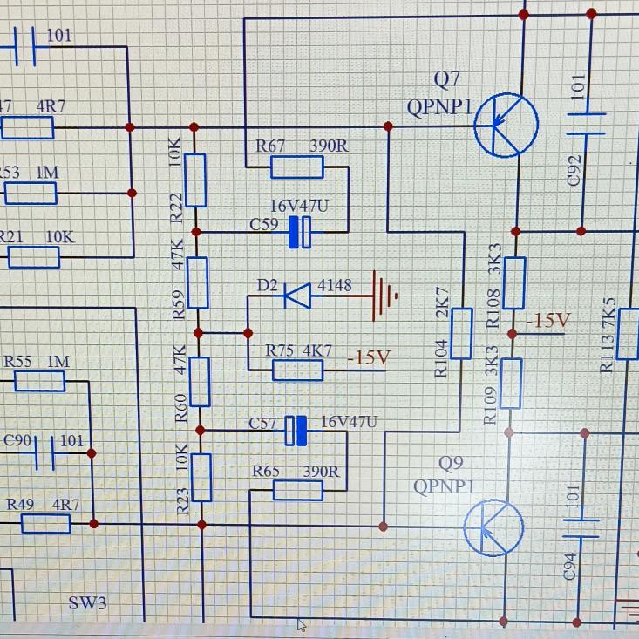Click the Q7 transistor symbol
(506, 126)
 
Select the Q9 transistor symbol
(493, 527)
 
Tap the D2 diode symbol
(297, 296)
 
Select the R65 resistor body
(297, 491)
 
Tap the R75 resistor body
(297, 370)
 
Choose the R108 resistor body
(514, 282)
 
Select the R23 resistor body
(201, 477)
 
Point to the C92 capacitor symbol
(589, 124)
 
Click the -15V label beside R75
(367, 357)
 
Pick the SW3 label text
(87, 603)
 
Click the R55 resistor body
(39, 381)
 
